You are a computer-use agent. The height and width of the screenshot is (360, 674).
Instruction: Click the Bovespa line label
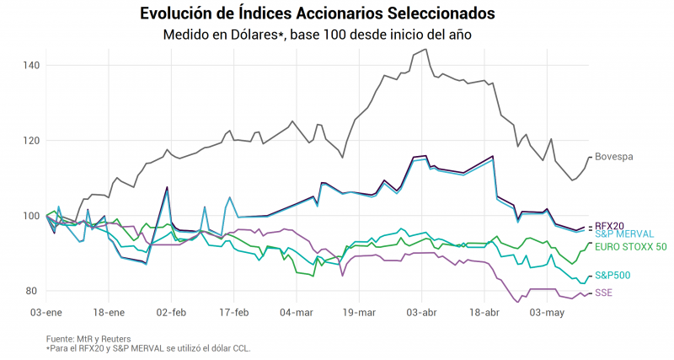[613, 157]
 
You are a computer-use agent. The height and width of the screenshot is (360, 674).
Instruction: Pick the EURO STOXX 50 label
[630, 247]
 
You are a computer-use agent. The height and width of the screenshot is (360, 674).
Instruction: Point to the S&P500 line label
[612, 275]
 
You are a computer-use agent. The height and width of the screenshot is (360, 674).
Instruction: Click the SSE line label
[604, 293]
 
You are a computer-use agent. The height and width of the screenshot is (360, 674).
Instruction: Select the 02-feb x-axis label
[171, 312]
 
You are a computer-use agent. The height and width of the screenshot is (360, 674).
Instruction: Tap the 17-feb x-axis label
[233, 312]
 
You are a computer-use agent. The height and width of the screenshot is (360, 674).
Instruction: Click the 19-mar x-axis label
[359, 312]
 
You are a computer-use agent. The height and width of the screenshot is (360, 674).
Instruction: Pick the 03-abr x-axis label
[422, 312]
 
